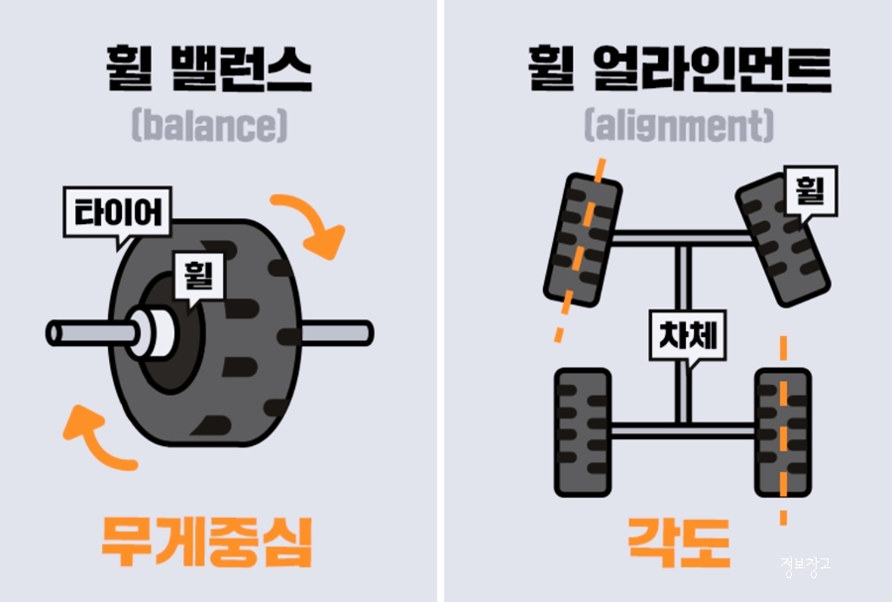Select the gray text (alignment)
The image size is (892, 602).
(679, 126)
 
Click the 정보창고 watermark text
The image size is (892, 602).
(804, 566)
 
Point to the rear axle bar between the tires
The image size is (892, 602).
(684, 429)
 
